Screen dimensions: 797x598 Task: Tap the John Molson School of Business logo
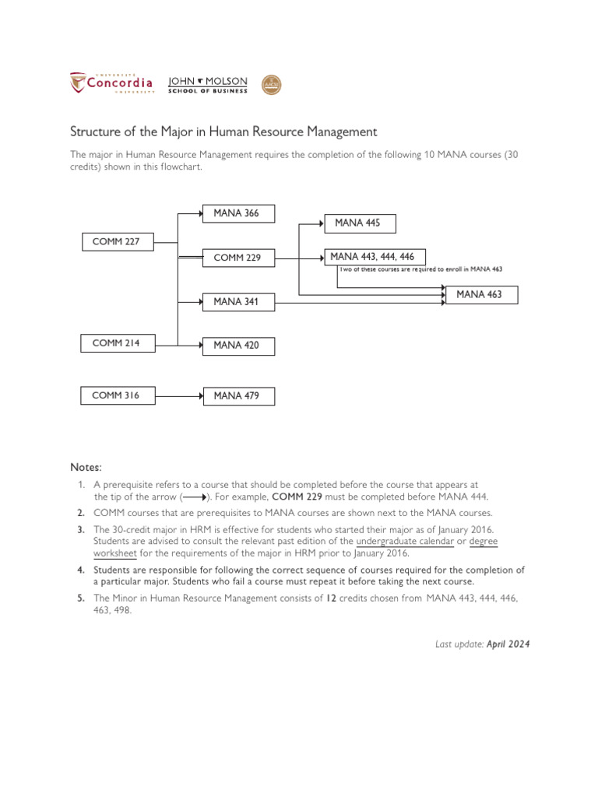[208, 85]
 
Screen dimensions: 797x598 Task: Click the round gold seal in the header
[271, 85]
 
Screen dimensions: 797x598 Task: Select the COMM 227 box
[117, 242]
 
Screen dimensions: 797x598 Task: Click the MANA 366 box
[238, 214]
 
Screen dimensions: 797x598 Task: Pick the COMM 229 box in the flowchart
[238, 258]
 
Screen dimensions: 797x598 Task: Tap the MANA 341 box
[238, 301]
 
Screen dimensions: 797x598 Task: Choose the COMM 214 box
[117, 342]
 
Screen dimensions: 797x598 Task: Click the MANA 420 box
[238, 345]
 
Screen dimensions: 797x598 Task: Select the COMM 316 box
[117, 395]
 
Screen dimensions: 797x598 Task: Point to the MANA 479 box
[238, 396]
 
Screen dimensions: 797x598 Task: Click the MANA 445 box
[359, 223]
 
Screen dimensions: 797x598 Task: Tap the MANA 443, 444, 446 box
[374, 257]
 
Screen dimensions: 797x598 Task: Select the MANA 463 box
[481, 294]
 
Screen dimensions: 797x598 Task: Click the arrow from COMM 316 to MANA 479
[178, 396]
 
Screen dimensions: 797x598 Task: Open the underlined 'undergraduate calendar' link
[405, 541]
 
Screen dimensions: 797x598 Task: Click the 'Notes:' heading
[86, 467]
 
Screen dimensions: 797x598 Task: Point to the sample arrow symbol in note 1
[195, 497]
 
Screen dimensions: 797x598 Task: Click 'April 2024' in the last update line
[508, 644]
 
